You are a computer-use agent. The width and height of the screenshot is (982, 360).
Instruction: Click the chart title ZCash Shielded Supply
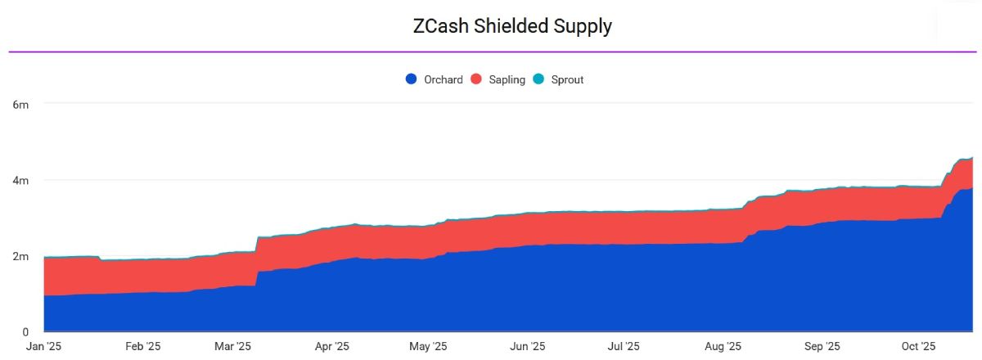(512, 25)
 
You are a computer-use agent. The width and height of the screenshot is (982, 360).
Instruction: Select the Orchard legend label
(443, 79)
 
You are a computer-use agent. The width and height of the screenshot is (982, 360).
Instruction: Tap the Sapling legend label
(507, 79)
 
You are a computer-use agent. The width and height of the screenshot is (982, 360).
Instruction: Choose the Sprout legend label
(567, 79)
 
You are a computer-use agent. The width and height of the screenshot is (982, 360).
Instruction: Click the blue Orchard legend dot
(412, 79)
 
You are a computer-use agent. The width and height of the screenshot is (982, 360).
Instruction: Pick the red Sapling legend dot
(477, 79)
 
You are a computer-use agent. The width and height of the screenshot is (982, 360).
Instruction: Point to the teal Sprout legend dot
(538, 79)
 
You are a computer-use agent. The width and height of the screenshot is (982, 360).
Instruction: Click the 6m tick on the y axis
(20, 104)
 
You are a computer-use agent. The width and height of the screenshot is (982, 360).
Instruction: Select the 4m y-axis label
(20, 180)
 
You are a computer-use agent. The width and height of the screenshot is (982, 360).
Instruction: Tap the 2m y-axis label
(20, 256)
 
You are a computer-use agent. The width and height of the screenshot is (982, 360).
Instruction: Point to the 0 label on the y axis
(25, 331)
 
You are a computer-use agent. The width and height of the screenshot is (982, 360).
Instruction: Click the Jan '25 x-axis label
(43, 346)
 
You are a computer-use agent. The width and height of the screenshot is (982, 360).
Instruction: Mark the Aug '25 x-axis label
(723, 346)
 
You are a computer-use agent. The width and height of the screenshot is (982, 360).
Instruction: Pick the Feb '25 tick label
(144, 346)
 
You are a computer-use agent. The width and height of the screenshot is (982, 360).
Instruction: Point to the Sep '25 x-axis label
(822, 346)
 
